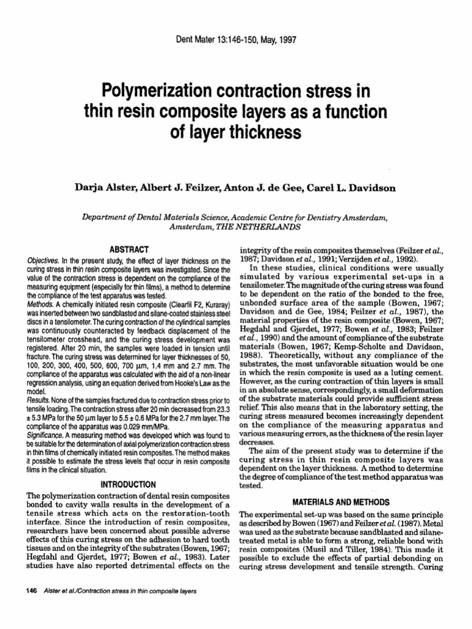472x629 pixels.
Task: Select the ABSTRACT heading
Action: pyautogui.click(x=129, y=249)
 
